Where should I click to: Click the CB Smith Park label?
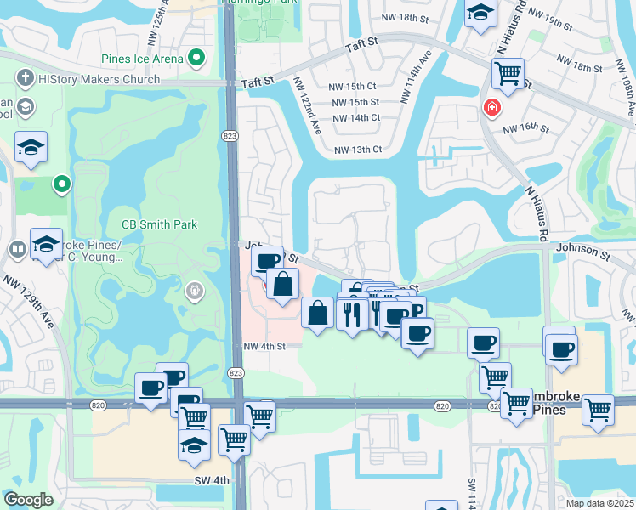(160, 224)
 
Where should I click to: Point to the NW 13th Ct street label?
(358, 150)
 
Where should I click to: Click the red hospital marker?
(491, 107)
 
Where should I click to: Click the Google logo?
(29, 500)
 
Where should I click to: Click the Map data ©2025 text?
(600, 503)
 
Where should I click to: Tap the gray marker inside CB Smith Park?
(195, 292)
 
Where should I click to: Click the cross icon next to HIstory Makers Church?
(26, 79)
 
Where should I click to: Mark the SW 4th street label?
(211, 480)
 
